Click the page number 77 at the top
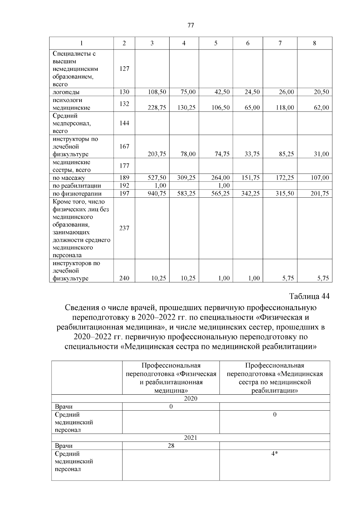[190, 25]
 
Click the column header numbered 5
[216, 43]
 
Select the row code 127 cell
[124, 69]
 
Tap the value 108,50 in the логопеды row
[157, 92]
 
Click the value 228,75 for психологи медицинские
[157, 108]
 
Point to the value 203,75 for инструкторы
[157, 154]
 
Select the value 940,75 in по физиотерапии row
[157, 194]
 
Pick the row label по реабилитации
[77, 186]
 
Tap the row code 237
[124, 228]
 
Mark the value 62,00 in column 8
[321, 108]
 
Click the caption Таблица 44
[309, 296]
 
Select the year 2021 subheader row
[190, 438]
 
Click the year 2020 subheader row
[190, 399]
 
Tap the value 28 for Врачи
[171, 446]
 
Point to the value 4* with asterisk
[274, 454]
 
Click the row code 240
[124, 278]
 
